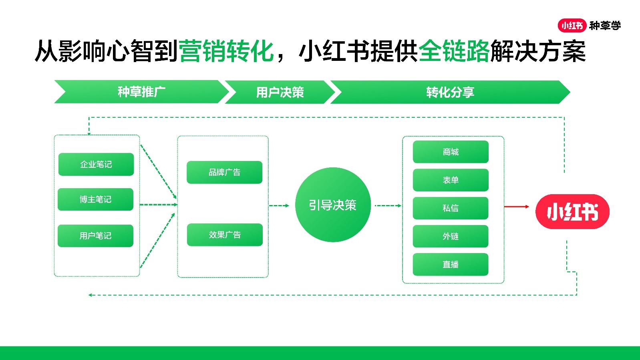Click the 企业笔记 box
pos(96,164)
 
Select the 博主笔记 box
pos(95,199)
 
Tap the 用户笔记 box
pos(95,236)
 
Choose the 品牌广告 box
pos(224,172)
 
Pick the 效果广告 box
pos(225,235)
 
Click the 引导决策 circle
pos(333,205)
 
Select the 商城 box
pos(451,152)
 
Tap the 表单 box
pos(451,180)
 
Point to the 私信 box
pos(451,208)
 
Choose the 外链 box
pos(451,236)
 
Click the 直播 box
pos(451,264)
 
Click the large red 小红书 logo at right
pos(572,212)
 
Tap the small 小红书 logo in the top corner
pos(572,26)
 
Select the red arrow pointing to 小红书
pos(517,206)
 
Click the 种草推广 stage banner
pos(142,92)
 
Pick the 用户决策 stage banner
pos(280,92)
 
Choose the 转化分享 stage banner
pos(450,92)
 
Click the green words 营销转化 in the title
pos(226,51)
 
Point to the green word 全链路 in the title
pos(454,51)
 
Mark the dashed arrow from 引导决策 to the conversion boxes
pos(388,205)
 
